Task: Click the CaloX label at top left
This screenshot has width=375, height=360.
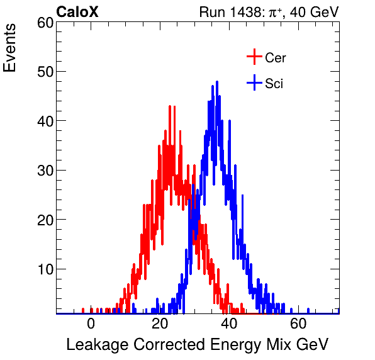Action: [x=77, y=12]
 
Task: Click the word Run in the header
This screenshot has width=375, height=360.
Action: [x=211, y=12]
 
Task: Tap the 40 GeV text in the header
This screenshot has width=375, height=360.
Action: [x=314, y=12]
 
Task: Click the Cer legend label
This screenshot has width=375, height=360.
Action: [x=276, y=58]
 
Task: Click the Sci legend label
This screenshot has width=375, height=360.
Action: [x=274, y=84]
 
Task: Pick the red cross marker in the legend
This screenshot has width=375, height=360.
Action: [x=254, y=57]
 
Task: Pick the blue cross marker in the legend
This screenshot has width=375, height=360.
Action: [x=254, y=83]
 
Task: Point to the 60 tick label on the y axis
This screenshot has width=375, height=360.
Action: [x=45, y=23]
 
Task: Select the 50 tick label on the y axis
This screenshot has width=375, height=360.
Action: [x=45, y=72]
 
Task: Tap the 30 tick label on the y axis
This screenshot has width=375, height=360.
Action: [x=45, y=171]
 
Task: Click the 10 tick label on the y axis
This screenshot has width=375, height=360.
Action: [x=45, y=269]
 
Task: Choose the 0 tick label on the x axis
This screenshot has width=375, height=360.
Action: [x=91, y=324]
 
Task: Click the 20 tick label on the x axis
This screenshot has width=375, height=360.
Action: [x=160, y=324]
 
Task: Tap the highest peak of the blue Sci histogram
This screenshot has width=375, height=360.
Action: [x=217, y=82]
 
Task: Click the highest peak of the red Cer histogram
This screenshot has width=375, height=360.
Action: [x=170, y=106]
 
